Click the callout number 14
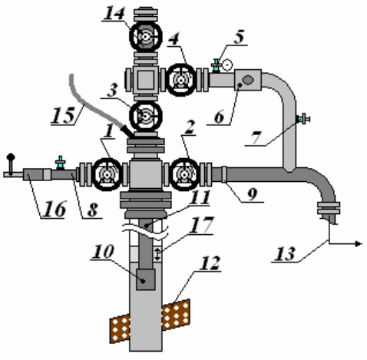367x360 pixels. coord(114,13)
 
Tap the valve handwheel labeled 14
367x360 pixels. coord(146,37)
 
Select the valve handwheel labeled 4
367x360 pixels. coord(181,80)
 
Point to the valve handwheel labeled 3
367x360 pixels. coord(146,116)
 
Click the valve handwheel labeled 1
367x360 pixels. coord(107,174)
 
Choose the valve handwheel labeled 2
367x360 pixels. coord(184,174)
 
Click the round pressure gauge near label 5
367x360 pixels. coord(227,65)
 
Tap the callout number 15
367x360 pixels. coord(64,115)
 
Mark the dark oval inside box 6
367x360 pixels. coord(247,80)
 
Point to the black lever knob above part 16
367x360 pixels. coord(11,157)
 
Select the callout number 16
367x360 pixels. coord(55,209)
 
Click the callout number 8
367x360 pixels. coord(93,210)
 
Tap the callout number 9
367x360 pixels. coord(252,194)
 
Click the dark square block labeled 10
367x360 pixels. coord(146,279)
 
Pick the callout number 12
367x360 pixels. coord(210,263)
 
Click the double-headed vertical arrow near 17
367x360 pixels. coord(157,254)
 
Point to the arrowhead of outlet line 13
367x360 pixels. coord(359,244)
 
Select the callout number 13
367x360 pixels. coord(285,254)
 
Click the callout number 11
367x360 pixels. coord(200,197)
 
